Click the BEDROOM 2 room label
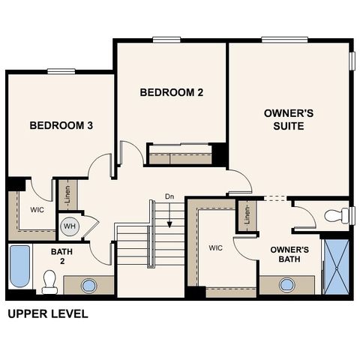pos(172,92)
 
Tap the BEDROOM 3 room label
pos(61,125)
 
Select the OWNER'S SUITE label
pos(283,119)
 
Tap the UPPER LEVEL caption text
pos(47,314)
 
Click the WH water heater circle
pos(69,226)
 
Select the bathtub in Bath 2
pos(19,266)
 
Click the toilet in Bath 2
pos(50,282)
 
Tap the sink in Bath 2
pos(88,285)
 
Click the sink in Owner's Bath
pos(287,284)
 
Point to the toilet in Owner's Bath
pos(336,216)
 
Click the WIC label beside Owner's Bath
pos(216,247)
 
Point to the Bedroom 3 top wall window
pos(61,71)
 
